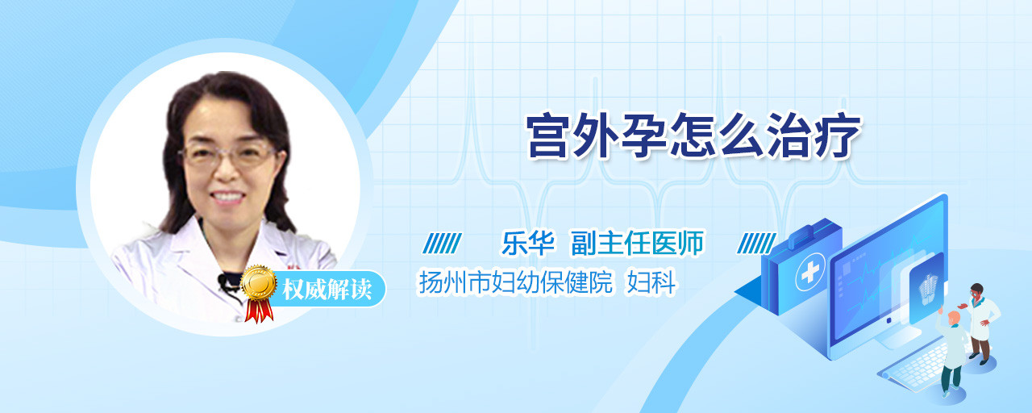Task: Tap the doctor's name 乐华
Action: coord(528,243)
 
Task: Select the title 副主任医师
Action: coord(638,243)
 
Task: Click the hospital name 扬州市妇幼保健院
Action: coord(516,282)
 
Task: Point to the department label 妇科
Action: coord(651,282)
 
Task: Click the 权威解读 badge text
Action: coord(327,290)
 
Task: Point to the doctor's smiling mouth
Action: coord(227,198)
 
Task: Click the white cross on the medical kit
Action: coord(810,272)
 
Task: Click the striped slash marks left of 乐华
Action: coord(443,244)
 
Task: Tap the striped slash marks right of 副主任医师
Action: coord(756,244)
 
